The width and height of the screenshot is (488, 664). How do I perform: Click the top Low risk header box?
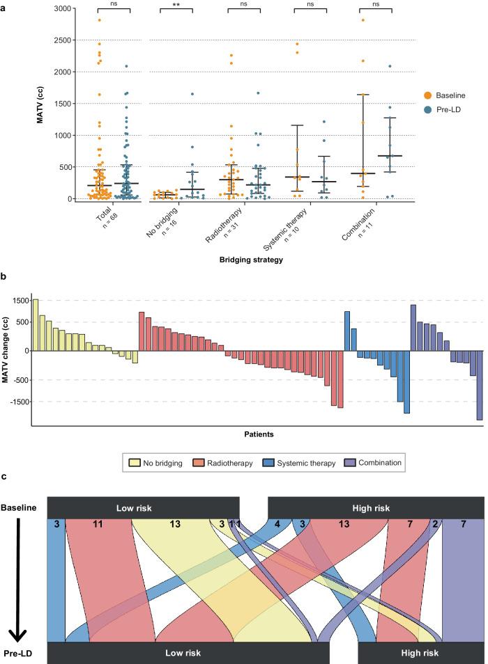(143, 507)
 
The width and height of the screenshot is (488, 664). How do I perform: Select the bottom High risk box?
(420, 653)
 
